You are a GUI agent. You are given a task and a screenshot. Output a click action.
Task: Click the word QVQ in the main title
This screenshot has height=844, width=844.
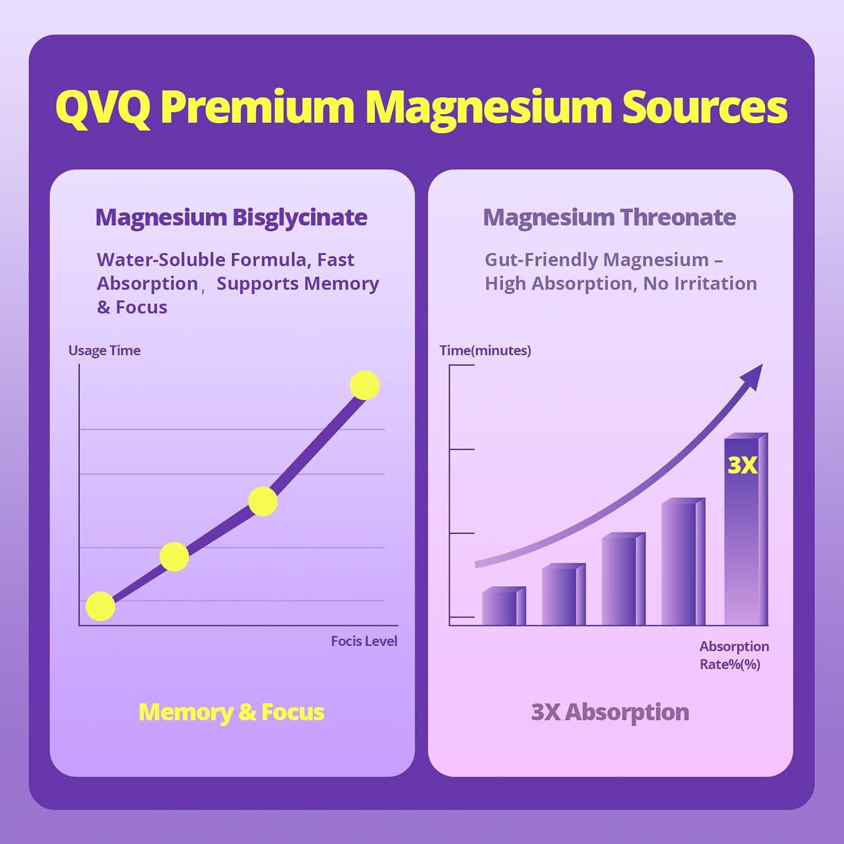pyautogui.click(x=102, y=107)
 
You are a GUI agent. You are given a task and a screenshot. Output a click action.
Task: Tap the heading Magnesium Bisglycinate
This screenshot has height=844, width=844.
pyautogui.click(x=231, y=218)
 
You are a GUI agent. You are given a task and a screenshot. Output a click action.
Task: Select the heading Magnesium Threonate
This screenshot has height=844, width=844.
pyautogui.click(x=609, y=218)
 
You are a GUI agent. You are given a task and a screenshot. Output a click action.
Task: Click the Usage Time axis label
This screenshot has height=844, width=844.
pyautogui.click(x=104, y=351)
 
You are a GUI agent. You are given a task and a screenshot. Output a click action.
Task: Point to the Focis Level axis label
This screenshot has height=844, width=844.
pyautogui.click(x=363, y=641)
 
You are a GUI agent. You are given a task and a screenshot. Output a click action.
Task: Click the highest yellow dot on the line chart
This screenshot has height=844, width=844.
pyautogui.click(x=365, y=385)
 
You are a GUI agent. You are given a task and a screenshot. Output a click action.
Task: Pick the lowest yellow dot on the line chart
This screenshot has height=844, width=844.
pyautogui.click(x=101, y=607)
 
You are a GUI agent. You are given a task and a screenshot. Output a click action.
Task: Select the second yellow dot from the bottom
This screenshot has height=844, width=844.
pyautogui.click(x=174, y=556)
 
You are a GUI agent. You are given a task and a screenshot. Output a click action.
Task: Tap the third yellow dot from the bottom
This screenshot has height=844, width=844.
pyautogui.click(x=263, y=501)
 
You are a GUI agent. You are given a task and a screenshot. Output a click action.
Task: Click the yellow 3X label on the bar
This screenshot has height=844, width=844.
pyautogui.click(x=742, y=465)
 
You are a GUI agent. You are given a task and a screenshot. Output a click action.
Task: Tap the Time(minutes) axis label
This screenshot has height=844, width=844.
pyautogui.click(x=485, y=351)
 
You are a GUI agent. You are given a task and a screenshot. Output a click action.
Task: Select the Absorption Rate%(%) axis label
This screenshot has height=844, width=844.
pyautogui.click(x=734, y=655)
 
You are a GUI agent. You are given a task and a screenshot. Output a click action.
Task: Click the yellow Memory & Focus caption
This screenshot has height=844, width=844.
pyautogui.click(x=231, y=712)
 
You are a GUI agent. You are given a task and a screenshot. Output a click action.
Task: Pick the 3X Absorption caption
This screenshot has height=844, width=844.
pyautogui.click(x=610, y=712)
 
